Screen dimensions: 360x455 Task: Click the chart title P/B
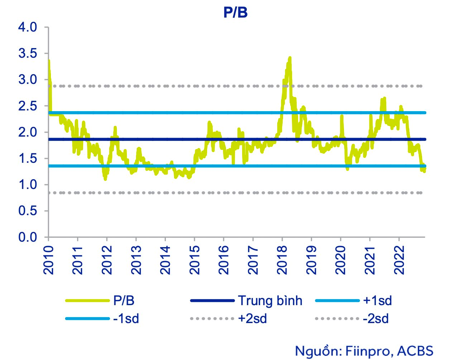(x=235, y=13)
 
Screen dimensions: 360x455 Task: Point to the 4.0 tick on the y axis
(x=28, y=27)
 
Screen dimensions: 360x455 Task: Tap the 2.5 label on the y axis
(x=28, y=106)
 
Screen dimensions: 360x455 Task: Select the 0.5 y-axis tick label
(x=28, y=211)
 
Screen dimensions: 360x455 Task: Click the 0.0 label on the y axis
(x=28, y=237)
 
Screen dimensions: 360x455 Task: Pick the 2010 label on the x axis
(x=48, y=260)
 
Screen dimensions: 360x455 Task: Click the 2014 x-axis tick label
(x=165, y=260)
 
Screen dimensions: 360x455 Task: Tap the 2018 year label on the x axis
(x=282, y=260)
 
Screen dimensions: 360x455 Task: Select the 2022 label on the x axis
(x=399, y=260)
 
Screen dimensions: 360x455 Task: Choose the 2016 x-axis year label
(x=224, y=260)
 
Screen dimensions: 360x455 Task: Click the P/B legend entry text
(x=124, y=300)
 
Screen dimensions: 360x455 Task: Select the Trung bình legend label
(x=270, y=300)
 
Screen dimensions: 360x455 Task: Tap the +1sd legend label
(x=377, y=300)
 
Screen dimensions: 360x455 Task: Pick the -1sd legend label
(x=126, y=318)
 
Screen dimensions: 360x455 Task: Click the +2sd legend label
(x=253, y=318)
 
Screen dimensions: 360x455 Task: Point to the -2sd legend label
(x=375, y=318)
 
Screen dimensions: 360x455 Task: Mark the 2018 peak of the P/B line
(x=289, y=57)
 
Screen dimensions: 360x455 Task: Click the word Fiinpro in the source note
(x=368, y=351)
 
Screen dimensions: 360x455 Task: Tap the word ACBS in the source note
(x=416, y=351)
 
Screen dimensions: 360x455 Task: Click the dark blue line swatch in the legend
(x=212, y=300)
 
